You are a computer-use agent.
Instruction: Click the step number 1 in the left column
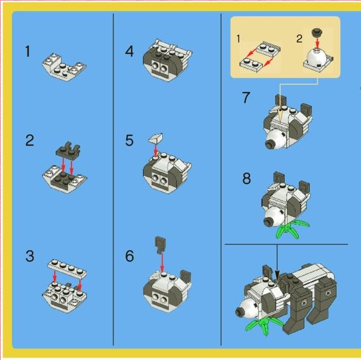click(x=28, y=51)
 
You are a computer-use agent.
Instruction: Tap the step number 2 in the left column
click(x=30, y=140)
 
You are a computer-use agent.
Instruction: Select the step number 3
click(x=30, y=256)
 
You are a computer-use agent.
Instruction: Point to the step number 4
click(x=129, y=51)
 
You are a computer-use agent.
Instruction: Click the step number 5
click(x=129, y=140)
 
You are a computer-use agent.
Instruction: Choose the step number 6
click(x=129, y=256)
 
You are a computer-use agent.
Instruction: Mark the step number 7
click(x=246, y=97)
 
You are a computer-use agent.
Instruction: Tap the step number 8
click(x=246, y=178)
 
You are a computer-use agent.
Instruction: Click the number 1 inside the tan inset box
click(x=238, y=38)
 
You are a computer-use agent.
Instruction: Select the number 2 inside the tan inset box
click(x=299, y=38)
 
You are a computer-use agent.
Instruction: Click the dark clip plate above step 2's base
click(x=68, y=150)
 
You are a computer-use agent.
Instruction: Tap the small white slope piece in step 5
click(x=156, y=138)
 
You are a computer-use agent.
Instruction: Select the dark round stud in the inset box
click(x=317, y=32)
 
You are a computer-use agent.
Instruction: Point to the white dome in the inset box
click(x=317, y=57)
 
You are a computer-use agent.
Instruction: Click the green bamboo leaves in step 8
click(x=291, y=228)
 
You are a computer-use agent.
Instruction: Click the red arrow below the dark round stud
click(x=317, y=43)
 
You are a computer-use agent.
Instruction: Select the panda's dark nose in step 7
click(x=268, y=145)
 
